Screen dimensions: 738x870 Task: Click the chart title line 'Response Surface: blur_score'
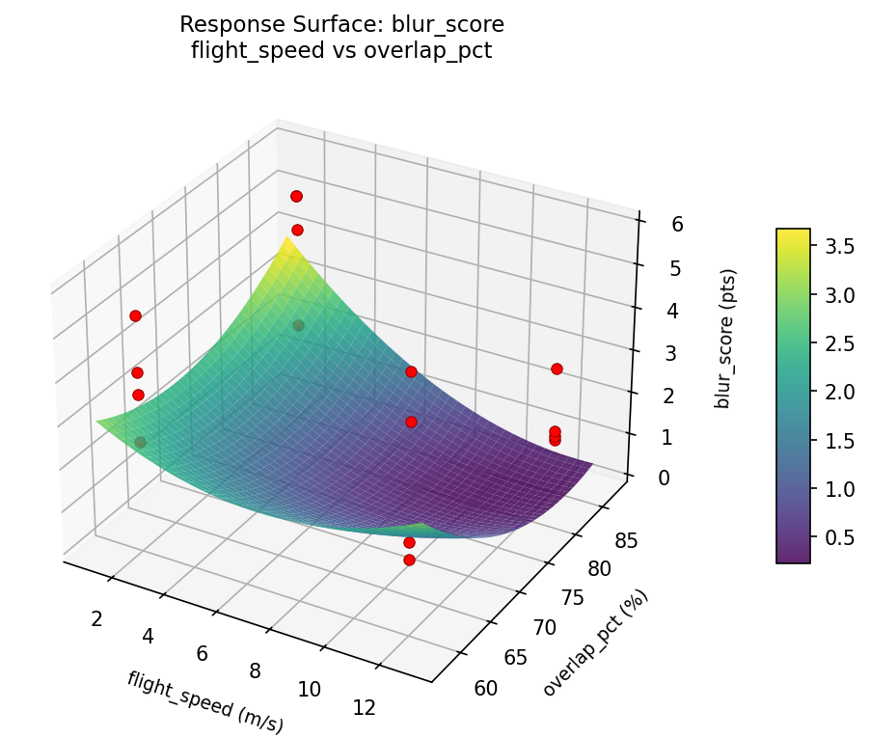click(341, 24)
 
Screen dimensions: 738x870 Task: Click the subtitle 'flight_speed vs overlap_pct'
click(341, 51)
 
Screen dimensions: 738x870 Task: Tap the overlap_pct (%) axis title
click(595, 642)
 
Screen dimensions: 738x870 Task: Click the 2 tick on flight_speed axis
click(96, 618)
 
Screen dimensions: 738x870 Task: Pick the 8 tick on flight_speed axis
click(255, 670)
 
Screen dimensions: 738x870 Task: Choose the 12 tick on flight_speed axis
click(364, 708)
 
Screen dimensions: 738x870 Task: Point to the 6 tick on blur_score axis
click(651, 225)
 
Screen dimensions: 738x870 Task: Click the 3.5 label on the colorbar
click(830, 247)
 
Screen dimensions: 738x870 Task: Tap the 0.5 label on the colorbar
click(830, 537)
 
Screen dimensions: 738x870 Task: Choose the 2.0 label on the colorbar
click(830, 392)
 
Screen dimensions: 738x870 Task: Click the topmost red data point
click(296, 196)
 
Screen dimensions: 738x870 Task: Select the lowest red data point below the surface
click(409, 560)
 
